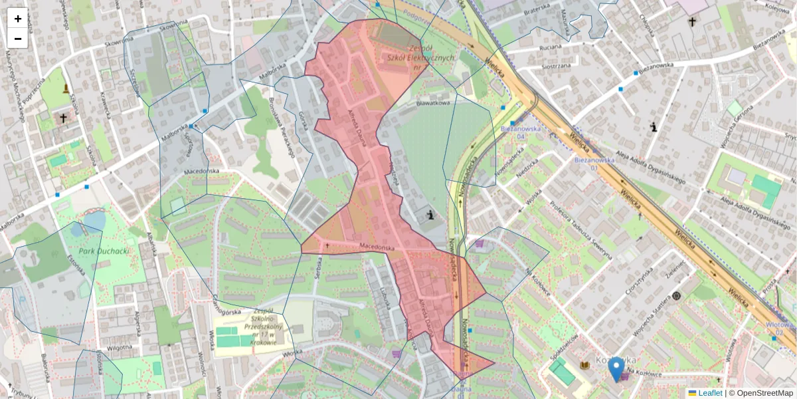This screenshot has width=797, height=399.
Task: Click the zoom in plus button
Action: click(x=18, y=19)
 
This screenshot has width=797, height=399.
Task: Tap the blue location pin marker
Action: click(x=617, y=368)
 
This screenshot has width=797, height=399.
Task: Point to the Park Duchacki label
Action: click(x=104, y=252)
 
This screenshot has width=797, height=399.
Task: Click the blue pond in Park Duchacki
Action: click(x=94, y=219)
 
